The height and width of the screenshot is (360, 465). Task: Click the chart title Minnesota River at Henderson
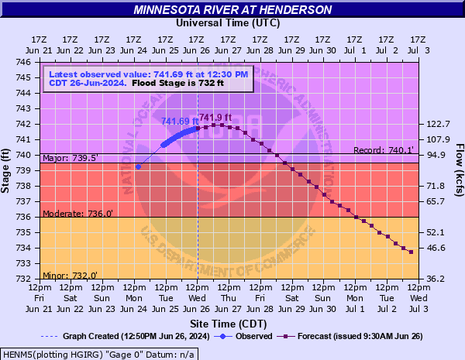[x=232, y=10]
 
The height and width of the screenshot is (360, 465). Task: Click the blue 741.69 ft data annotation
[x=179, y=122]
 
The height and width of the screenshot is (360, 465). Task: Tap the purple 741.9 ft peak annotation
[x=215, y=117]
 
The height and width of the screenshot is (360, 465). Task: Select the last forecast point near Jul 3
[x=411, y=252]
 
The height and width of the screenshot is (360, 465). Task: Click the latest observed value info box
[x=147, y=78]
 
